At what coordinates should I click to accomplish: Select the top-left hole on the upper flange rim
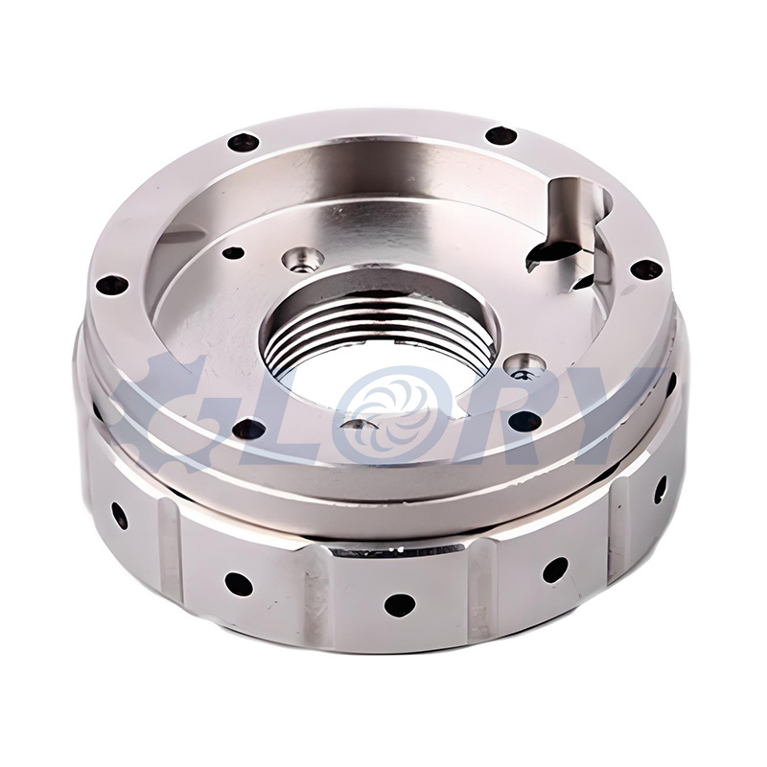(243, 143)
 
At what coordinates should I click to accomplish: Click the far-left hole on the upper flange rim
(112, 285)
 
